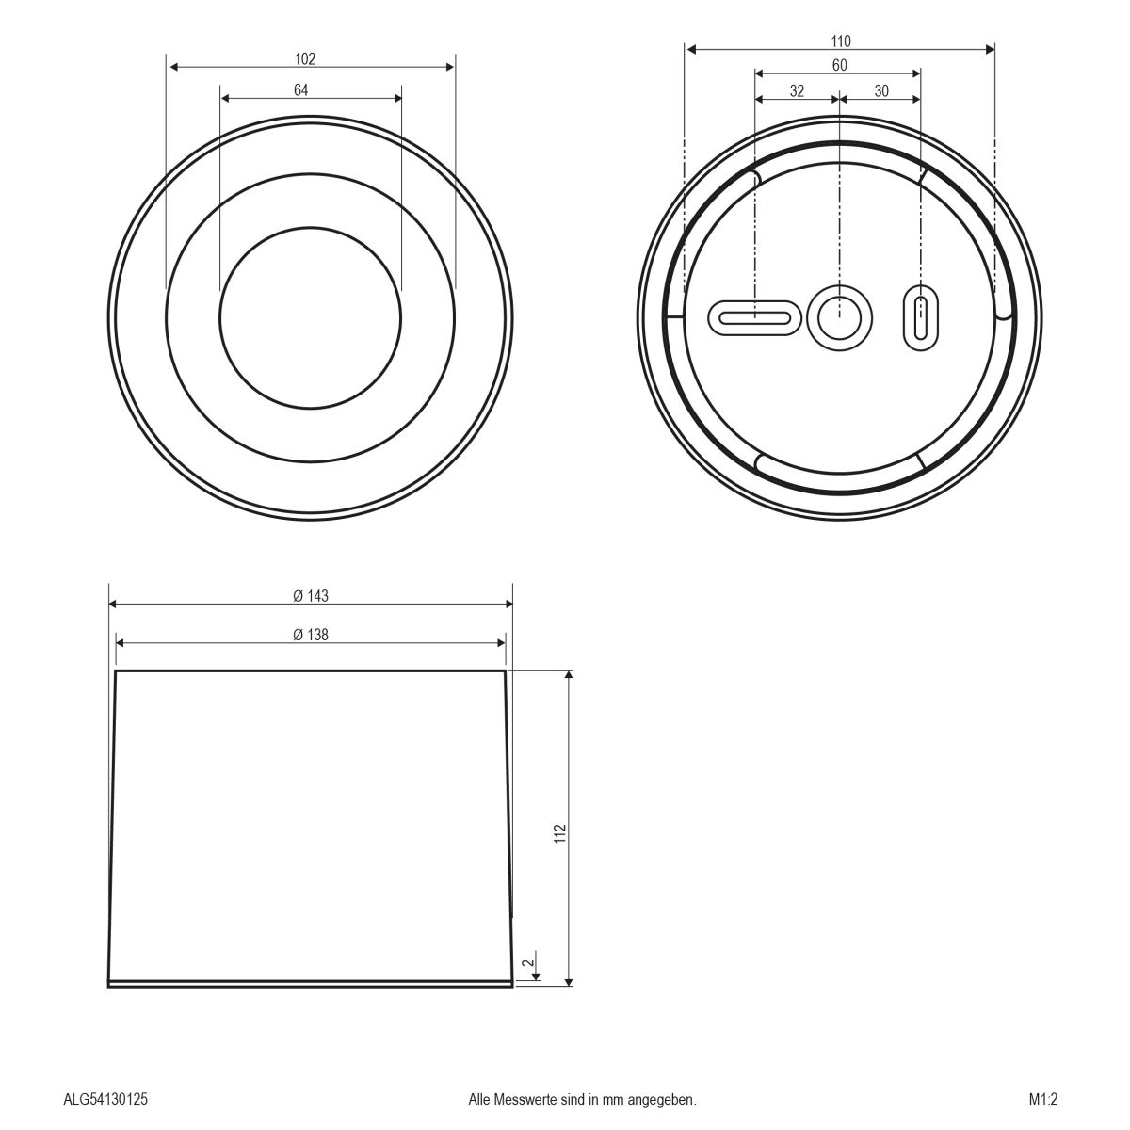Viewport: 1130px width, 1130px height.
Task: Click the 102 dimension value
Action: click(304, 58)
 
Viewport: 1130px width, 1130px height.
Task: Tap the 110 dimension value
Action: click(841, 40)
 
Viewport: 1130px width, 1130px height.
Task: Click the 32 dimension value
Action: click(797, 91)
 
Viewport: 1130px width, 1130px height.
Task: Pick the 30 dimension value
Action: click(881, 91)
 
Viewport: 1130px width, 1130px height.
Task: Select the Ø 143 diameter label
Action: click(311, 596)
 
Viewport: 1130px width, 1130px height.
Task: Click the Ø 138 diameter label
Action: click(311, 635)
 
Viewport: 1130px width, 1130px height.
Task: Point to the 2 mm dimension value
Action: click(527, 962)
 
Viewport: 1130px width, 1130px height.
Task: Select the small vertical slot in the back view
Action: click(921, 317)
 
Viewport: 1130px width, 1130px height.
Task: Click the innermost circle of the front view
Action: click(310, 318)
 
